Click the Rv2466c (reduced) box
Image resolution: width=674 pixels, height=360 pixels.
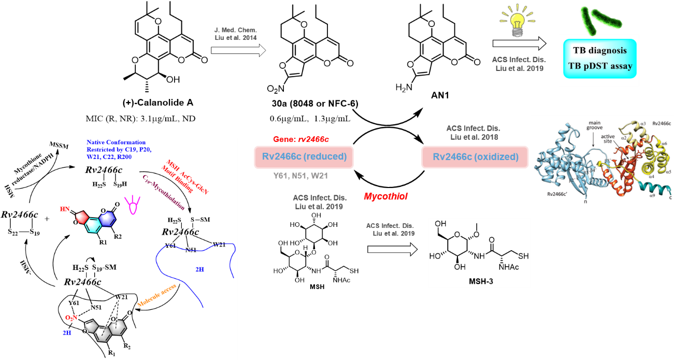300,157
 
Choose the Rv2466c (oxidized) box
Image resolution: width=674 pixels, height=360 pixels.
475,157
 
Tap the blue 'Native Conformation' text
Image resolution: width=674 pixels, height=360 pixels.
116,142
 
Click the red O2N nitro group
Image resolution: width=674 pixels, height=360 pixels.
71,317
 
